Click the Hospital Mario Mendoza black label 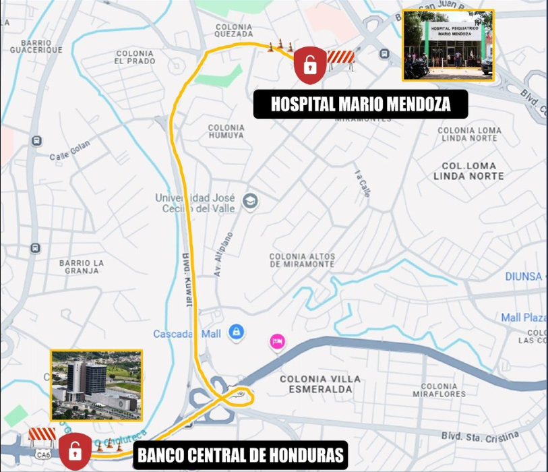pyautogui.click(x=361, y=105)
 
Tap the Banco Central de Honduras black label pyautogui.click(x=241, y=454)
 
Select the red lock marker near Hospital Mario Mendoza pyautogui.click(x=309, y=65)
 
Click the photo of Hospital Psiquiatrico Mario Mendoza pyautogui.click(x=448, y=45)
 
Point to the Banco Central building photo pyautogui.click(x=96, y=385)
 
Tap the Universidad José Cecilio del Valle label pyautogui.click(x=195, y=203)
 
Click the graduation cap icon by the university pyautogui.click(x=250, y=202)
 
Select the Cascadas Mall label pyautogui.click(x=187, y=334)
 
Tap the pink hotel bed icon pyautogui.click(x=277, y=342)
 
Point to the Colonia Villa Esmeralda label pyautogui.click(x=316, y=384)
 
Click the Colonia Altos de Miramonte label pyautogui.click(x=302, y=260)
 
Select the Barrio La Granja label pyautogui.click(x=82, y=267)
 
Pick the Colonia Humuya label pyautogui.click(x=226, y=131)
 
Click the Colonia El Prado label pyautogui.click(x=135, y=57)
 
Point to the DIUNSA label pyautogui.click(x=524, y=276)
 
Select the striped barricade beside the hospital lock pyautogui.click(x=341, y=59)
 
